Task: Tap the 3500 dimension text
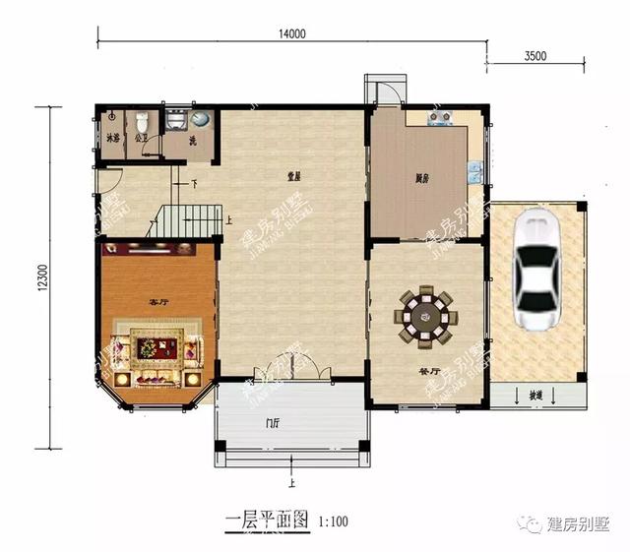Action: (535, 56)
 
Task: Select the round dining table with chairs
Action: (425, 316)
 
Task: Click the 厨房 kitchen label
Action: (420, 179)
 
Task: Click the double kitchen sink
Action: (474, 175)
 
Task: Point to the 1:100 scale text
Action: (334, 520)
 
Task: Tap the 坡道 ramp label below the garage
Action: (535, 395)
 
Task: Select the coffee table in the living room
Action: (156, 346)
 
